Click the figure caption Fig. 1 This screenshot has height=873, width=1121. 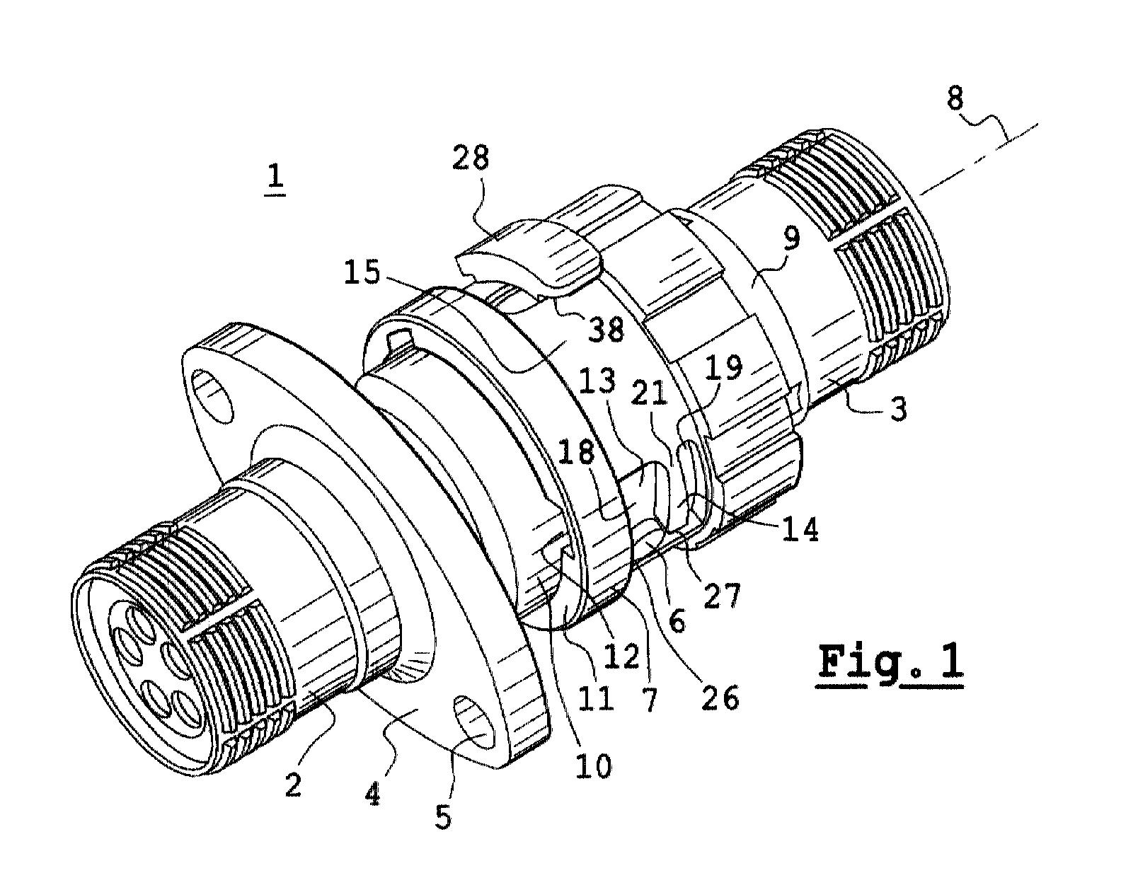click(x=891, y=663)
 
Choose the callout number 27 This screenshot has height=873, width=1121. click(x=723, y=595)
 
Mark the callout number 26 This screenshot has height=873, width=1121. click(x=720, y=698)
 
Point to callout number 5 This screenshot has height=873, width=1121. click(x=443, y=816)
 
